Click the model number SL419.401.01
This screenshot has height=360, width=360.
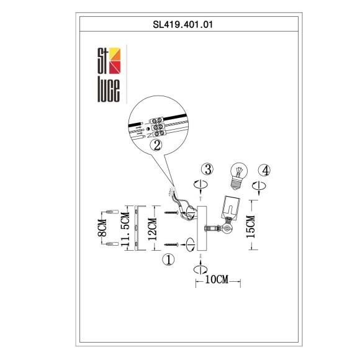click(179, 25)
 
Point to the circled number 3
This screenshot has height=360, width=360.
click(209, 169)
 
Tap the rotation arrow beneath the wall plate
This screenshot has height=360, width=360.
click(200, 268)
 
